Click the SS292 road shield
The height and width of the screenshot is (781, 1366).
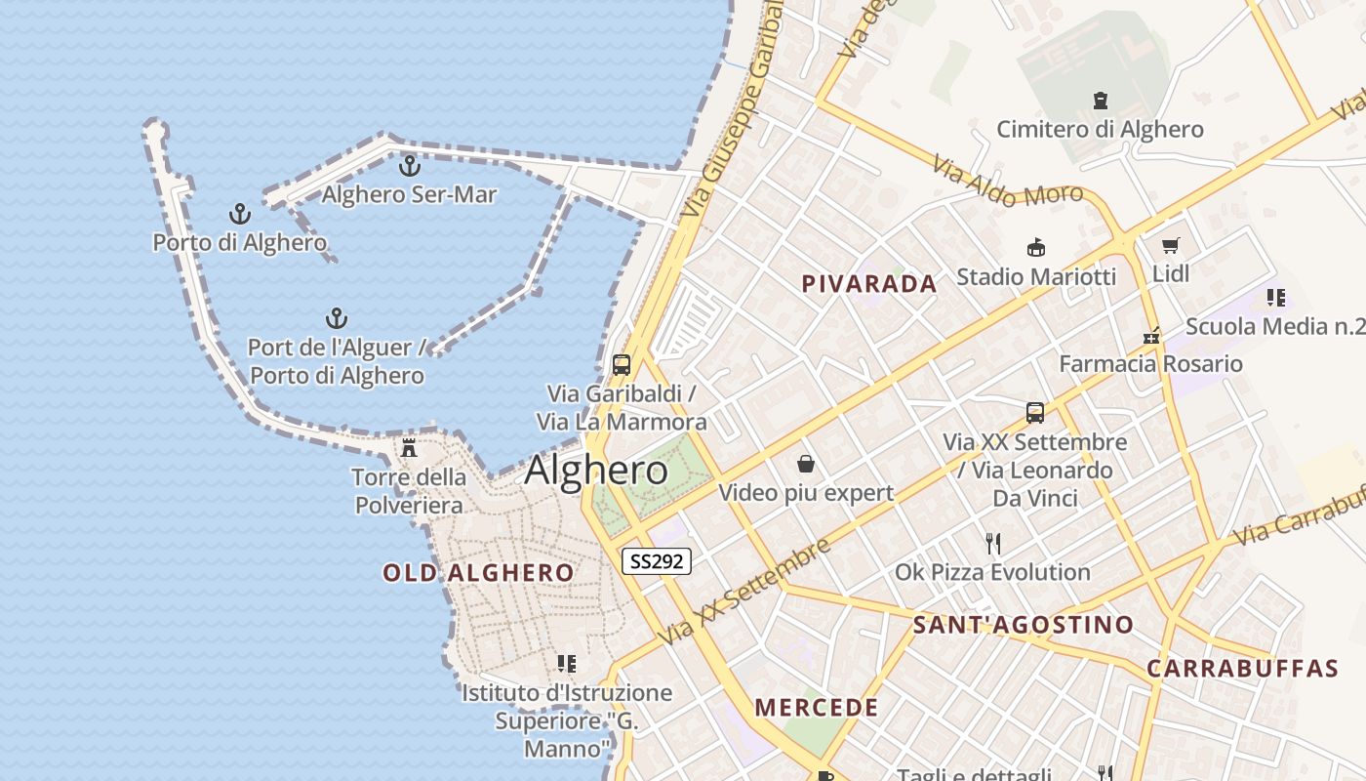(657, 561)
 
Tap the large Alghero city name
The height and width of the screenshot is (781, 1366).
(596, 471)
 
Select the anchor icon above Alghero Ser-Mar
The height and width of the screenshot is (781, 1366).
(410, 165)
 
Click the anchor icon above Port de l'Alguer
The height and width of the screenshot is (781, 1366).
(336, 318)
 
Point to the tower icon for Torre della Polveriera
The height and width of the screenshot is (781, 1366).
(409, 448)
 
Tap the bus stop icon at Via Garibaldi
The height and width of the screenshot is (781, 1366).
(622, 365)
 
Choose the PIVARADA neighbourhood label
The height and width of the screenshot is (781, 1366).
(868, 284)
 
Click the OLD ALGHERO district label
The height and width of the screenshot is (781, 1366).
(478, 573)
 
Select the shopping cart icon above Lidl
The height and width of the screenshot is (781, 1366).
(1171, 245)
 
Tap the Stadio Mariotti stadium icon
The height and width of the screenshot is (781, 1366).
(1036, 248)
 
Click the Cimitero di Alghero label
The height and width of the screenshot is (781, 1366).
(1100, 129)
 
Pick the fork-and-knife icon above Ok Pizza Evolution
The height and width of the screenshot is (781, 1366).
(993, 543)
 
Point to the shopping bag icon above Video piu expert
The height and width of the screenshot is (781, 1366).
(806, 463)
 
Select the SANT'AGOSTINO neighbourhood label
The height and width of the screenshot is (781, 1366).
(1024, 625)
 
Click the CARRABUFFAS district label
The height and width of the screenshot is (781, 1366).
(1242, 669)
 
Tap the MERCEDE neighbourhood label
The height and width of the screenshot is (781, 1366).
(817, 708)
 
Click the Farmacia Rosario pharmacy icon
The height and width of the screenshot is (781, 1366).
(1152, 336)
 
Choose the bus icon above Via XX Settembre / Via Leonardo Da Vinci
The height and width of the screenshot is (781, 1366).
(1035, 412)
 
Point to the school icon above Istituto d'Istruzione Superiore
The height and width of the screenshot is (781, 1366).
(566, 664)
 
